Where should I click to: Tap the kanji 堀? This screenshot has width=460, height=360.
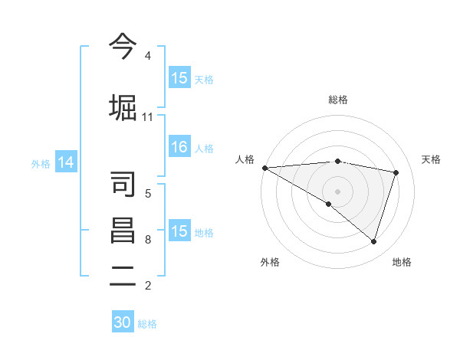pos(123,106)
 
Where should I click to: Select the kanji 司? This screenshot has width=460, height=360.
pos(123,184)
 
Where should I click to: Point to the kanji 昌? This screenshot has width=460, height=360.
pos(123,231)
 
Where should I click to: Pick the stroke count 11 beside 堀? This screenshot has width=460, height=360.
pos(147,116)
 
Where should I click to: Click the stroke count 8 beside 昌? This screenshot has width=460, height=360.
pos(148,240)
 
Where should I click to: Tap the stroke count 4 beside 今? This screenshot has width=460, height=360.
pos(148,56)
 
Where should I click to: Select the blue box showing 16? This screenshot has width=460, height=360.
pos(179,148)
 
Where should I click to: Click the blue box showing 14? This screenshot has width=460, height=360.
pos(66,162)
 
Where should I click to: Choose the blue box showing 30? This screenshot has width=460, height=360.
pos(123,322)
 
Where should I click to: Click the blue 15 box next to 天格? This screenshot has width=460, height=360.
pos(179,78)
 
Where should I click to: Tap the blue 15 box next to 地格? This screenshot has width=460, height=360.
pos(179,231)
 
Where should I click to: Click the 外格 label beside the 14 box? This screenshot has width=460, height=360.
pos(41,163)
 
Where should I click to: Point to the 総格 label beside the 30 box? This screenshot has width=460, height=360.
pos(147,324)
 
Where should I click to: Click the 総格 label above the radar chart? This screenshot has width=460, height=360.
pos(337,100)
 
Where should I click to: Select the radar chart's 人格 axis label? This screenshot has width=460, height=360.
pos(245,159)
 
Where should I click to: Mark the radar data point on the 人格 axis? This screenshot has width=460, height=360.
pos(264,168)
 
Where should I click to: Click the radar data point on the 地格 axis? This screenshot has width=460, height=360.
pos(373,241)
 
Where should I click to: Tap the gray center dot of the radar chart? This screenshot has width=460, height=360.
pos(337,190)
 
